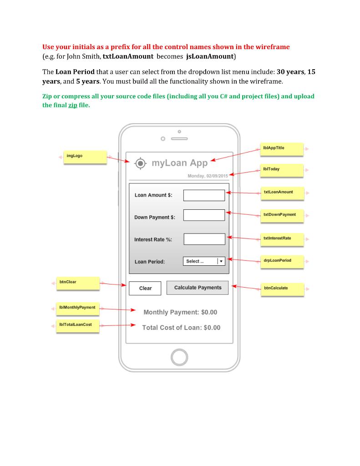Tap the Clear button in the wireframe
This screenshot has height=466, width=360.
coord(145,288)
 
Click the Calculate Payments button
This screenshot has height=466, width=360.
coord(198,288)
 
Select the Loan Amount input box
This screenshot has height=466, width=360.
coord(204,195)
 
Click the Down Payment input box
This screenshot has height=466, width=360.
coord(204,215)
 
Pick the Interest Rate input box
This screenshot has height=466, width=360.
coord(204,239)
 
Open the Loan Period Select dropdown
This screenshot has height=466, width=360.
coord(204,261)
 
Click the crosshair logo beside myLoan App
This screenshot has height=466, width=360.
coord(141,163)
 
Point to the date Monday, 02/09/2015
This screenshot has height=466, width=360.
coord(208,176)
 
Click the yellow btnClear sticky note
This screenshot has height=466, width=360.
coord(77,283)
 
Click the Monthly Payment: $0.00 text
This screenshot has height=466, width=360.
coord(180,312)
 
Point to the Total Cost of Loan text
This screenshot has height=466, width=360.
coord(181,328)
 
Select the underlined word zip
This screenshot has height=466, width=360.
coord(72,105)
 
